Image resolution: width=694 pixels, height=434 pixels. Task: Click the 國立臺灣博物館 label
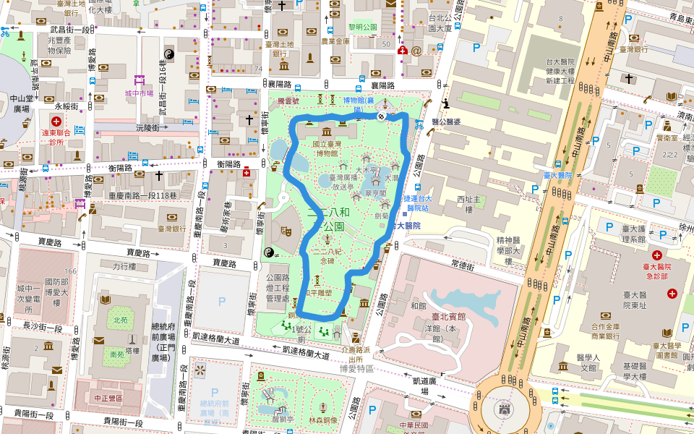(325, 148)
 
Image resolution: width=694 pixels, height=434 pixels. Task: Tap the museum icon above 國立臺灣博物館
(326, 132)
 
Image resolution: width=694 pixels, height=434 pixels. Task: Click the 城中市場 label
(139, 93)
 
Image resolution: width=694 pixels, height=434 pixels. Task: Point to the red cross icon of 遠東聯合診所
(55, 120)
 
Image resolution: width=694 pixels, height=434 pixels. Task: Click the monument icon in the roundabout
(504, 411)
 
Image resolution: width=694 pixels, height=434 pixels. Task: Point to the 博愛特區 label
(356, 368)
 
